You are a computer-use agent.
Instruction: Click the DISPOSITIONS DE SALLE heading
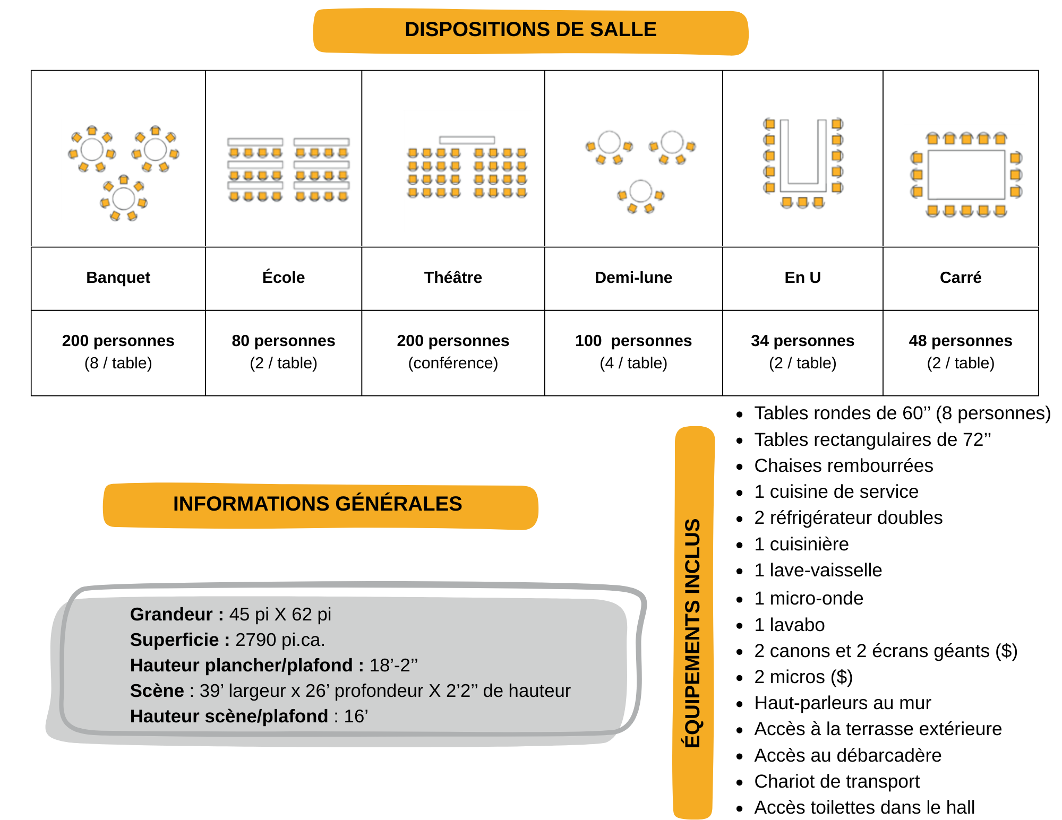tap(530, 30)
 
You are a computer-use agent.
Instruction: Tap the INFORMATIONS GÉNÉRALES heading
tap(318, 504)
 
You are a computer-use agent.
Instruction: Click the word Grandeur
tap(171, 614)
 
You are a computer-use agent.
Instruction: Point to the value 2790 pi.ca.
tap(280, 640)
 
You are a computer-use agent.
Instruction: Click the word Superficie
tap(174, 640)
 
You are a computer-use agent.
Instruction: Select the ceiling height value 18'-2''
tap(393, 665)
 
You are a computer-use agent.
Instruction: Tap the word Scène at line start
tap(157, 690)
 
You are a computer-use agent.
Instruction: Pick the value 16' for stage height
tap(356, 716)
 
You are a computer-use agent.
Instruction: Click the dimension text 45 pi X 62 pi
tap(280, 614)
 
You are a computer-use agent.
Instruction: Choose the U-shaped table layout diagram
tap(804, 163)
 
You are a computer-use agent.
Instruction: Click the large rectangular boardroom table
tap(966, 174)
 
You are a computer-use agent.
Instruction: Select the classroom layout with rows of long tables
tap(287, 170)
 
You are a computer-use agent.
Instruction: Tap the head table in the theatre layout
tap(467, 140)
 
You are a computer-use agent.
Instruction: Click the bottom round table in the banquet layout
tap(124, 198)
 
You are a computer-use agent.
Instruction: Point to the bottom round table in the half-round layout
tap(640, 191)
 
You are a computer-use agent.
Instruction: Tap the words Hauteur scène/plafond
tap(229, 716)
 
